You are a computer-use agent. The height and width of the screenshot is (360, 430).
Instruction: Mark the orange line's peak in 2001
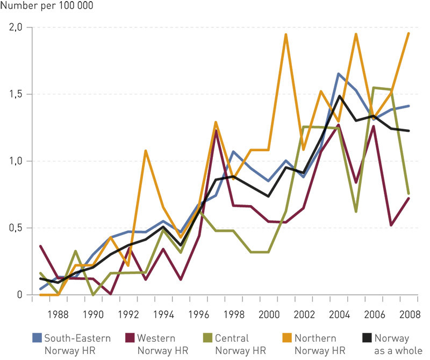tap(285, 35)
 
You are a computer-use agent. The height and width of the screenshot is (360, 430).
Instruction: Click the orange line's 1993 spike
tap(146, 151)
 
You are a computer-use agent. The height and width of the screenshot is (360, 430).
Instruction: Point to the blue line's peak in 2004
tap(339, 74)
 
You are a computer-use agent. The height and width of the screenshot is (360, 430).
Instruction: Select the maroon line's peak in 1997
tap(216, 131)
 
